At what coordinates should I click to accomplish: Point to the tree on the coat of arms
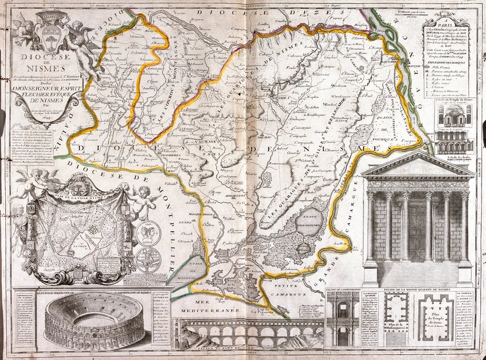(53, 35)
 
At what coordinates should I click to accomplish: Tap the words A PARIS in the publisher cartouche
(446, 27)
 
